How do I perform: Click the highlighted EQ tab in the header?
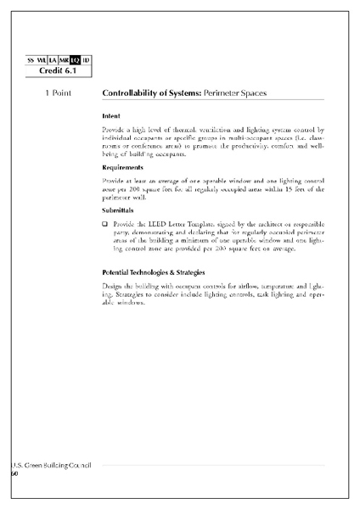tap(76, 60)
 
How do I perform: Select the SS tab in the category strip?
tap(31, 60)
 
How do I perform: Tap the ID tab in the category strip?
tap(87, 60)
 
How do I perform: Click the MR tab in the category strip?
tap(64, 60)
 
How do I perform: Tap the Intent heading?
tap(110, 115)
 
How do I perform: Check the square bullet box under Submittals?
tap(104, 224)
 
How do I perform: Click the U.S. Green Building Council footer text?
tap(51, 466)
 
